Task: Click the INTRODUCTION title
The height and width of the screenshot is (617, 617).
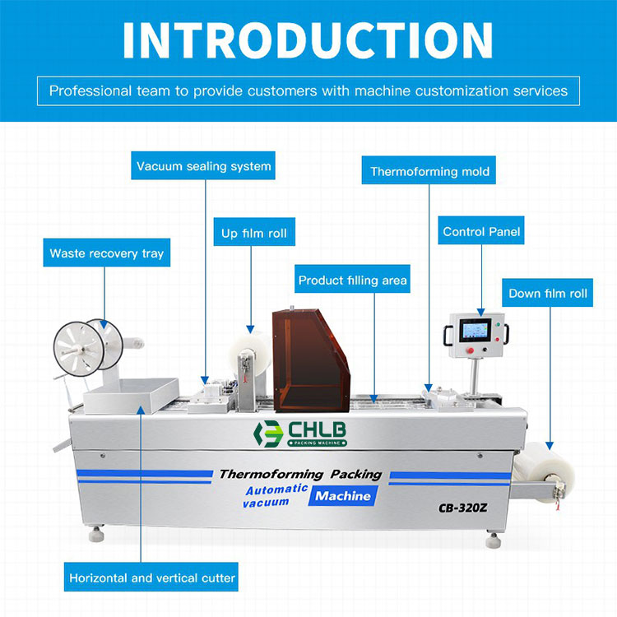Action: click(x=308, y=39)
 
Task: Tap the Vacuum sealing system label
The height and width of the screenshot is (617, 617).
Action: click(x=204, y=166)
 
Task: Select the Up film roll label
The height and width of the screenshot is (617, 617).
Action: click(x=254, y=234)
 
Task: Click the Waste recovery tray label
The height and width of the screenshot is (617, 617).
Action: click(x=107, y=253)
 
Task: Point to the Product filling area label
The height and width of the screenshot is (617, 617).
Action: click(x=352, y=281)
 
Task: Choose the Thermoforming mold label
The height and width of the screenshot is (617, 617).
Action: click(x=429, y=172)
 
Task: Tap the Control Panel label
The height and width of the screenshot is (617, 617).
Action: click(x=481, y=232)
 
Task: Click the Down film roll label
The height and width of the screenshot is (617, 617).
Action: click(x=548, y=294)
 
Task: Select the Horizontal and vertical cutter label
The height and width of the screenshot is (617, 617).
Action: click(x=152, y=578)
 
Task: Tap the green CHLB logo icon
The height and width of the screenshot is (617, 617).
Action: click(x=267, y=434)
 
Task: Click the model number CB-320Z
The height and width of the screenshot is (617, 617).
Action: click(x=464, y=508)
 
